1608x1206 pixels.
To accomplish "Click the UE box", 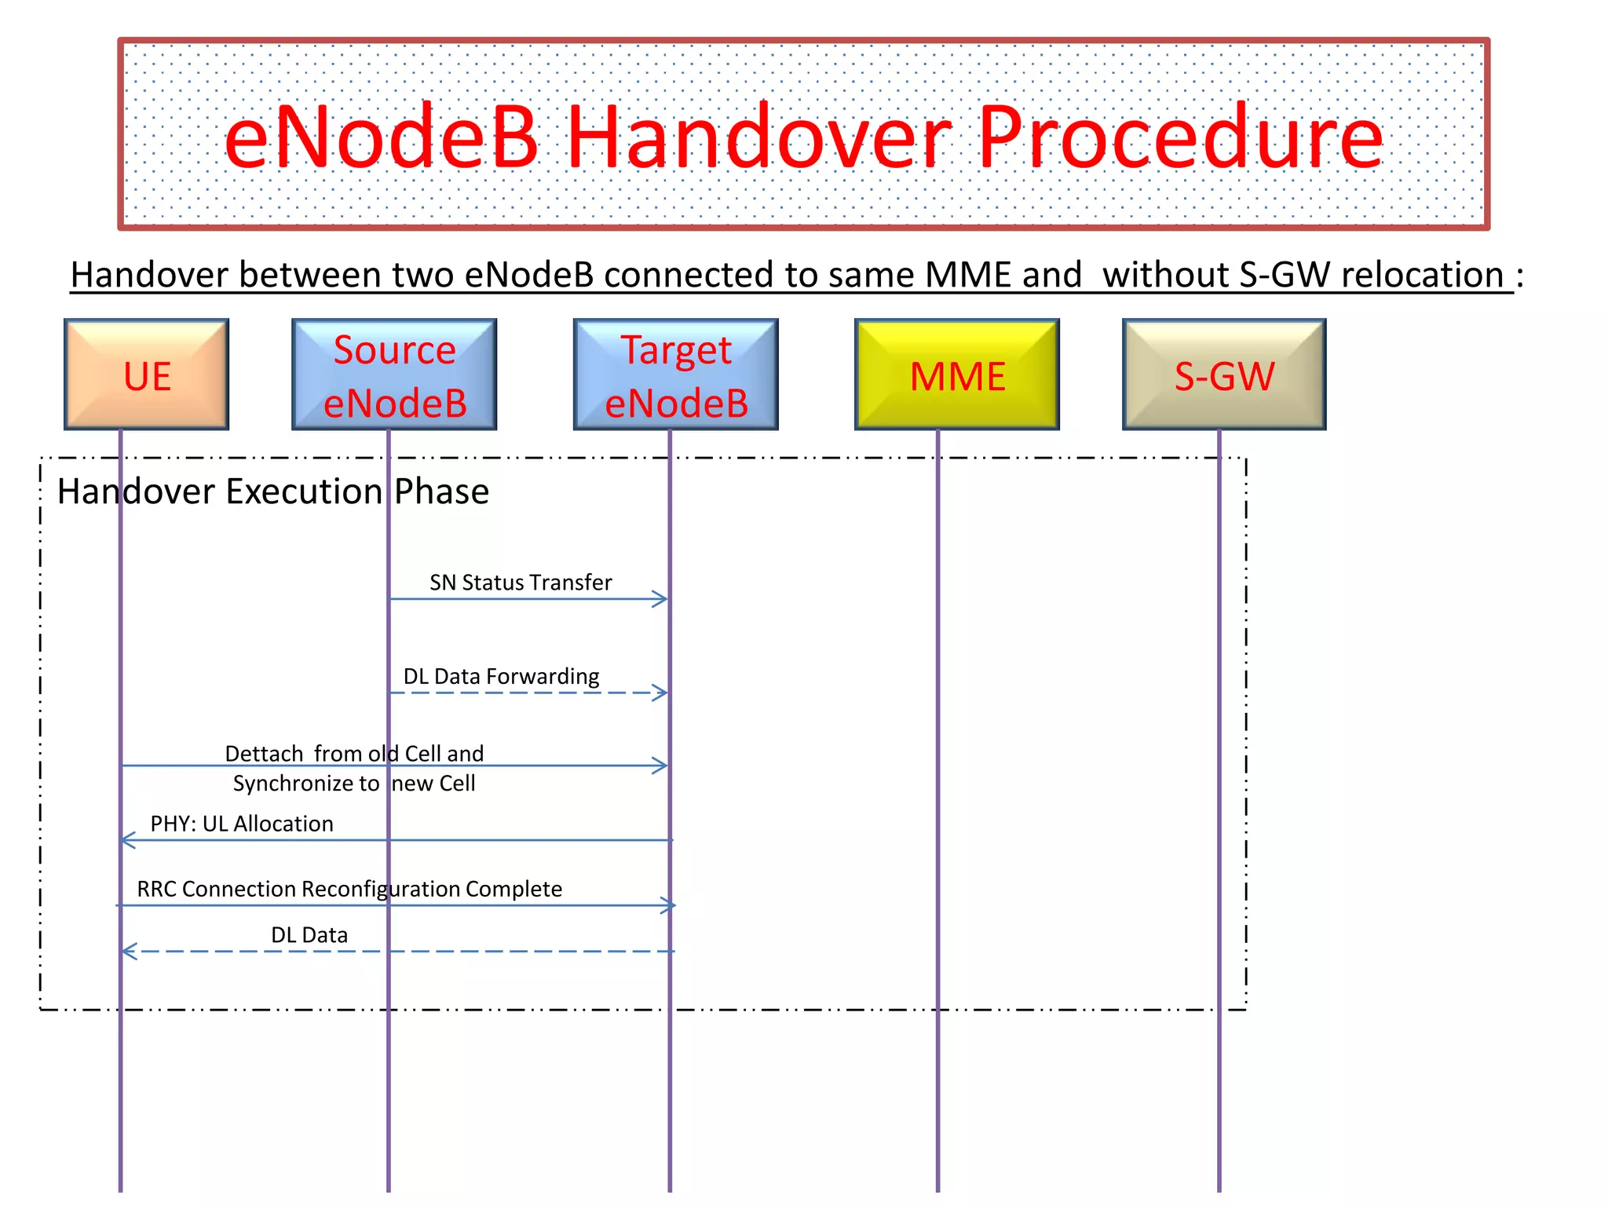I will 147,375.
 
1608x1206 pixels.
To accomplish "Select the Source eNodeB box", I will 394,375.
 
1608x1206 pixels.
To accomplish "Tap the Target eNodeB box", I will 675,375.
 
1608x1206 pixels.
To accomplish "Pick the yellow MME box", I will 956,375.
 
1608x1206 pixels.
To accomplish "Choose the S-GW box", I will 1224,375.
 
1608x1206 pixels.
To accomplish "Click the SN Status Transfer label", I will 521,583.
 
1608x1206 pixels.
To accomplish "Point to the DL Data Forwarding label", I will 501,676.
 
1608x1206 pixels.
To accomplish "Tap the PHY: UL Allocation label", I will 242,824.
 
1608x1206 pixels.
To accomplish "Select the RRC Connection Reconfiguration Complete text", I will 349,889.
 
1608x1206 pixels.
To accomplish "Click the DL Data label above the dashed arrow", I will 309,935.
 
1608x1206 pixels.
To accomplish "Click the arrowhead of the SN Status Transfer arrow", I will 662,599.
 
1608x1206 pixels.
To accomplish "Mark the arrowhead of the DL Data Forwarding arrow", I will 662,693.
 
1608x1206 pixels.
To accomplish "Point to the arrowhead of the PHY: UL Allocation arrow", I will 127,840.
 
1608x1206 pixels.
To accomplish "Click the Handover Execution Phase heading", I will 273,492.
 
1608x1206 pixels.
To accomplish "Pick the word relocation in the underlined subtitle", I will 1422,275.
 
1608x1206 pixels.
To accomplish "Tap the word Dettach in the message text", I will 264,754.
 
